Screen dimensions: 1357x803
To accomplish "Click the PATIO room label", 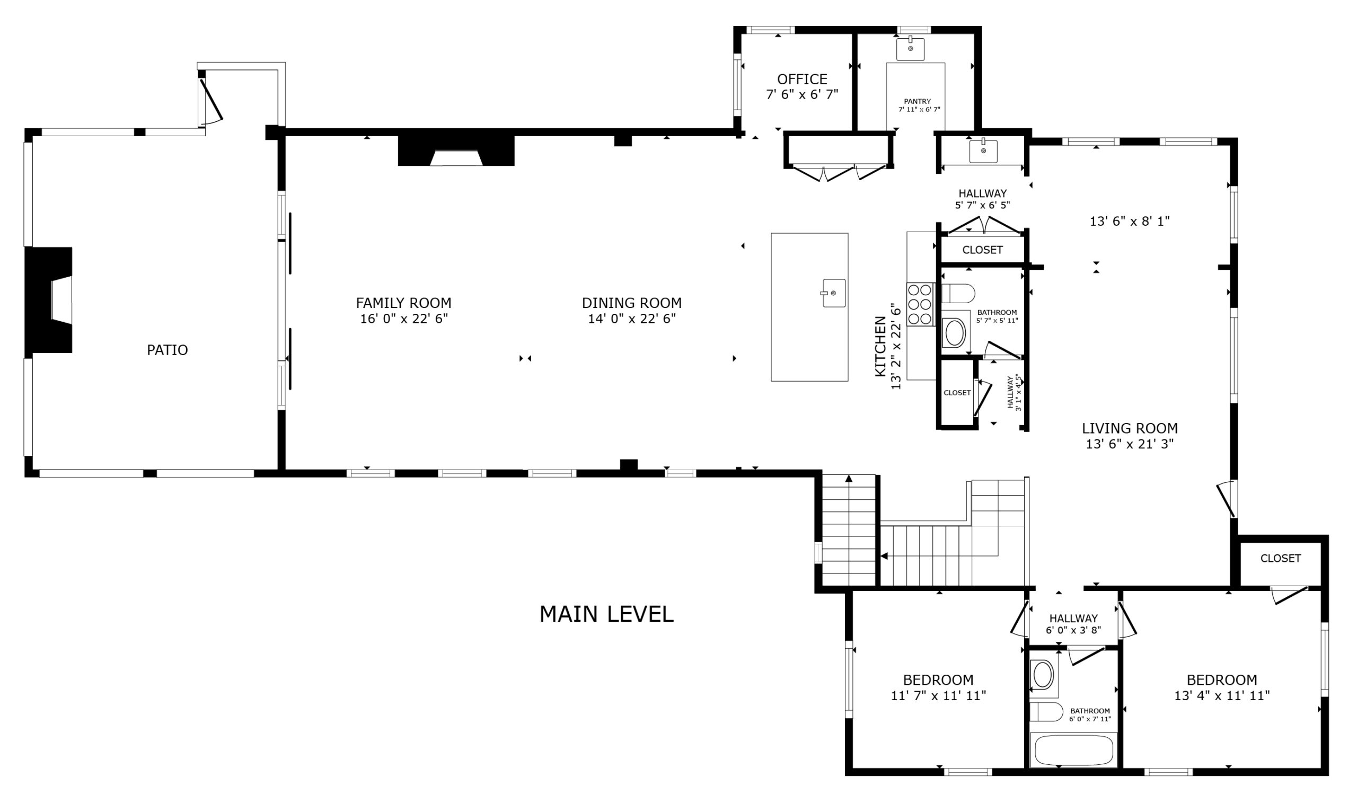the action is pyautogui.click(x=167, y=350).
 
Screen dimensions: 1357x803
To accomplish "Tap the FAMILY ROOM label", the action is pyautogui.click(x=403, y=303).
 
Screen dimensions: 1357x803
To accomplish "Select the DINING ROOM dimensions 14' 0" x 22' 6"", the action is pyautogui.click(x=632, y=319).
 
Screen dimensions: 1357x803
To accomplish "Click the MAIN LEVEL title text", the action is pyautogui.click(x=606, y=614).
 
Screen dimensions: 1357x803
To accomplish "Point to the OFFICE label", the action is pyautogui.click(x=803, y=80).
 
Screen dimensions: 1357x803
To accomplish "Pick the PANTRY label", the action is pyautogui.click(x=918, y=101).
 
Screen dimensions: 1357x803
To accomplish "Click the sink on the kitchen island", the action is pyautogui.click(x=834, y=293).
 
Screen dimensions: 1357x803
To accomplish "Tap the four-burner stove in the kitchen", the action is pyautogui.click(x=920, y=304).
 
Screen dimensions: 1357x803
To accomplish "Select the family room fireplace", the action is pyautogui.click(x=456, y=151).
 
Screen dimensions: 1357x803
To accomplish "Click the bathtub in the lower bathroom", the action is pyautogui.click(x=1074, y=751).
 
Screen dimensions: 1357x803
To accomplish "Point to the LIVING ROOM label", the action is pyautogui.click(x=1130, y=428).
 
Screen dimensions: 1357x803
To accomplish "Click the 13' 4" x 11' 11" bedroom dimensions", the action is pyautogui.click(x=1222, y=696).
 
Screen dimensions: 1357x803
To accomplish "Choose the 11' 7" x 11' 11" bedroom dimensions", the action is pyautogui.click(x=938, y=696).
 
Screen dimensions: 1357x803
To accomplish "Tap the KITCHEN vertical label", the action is pyautogui.click(x=880, y=347).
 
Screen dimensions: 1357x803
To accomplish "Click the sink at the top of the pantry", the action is pyautogui.click(x=911, y=49).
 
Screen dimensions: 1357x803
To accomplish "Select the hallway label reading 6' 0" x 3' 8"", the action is pyautogui.click(x=1073, y=630).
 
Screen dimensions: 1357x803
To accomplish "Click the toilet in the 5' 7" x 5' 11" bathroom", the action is pyautogui.click(x=958, y=293).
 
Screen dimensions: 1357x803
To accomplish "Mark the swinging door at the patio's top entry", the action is pyautogui.click(x=210, y=102).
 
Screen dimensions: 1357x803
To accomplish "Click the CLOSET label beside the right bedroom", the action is pyautogui.click(x=1281, y=559).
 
